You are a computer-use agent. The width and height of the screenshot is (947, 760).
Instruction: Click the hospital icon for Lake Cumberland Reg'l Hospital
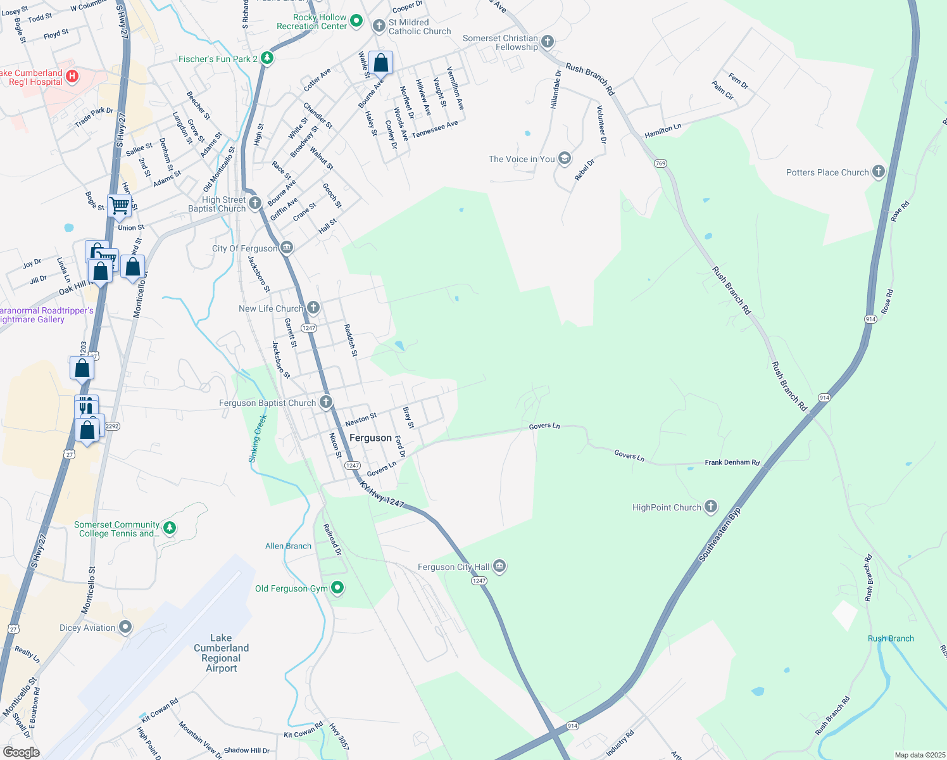click(72, 77)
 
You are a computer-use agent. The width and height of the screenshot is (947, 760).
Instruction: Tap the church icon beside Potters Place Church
click(878, 172)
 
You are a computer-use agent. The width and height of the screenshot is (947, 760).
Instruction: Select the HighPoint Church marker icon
click(711, 507)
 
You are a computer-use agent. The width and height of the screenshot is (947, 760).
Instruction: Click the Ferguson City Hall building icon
click(499, 566)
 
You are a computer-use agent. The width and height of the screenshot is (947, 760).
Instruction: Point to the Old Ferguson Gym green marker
click(337, 588)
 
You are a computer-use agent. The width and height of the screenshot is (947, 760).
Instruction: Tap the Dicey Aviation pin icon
click(125, 627)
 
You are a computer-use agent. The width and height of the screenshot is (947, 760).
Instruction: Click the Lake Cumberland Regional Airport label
click(221, 653)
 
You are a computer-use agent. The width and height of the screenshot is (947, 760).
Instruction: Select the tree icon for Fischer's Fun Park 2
click(267, 58)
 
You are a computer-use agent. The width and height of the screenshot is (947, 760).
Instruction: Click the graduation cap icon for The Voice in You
click(564, 159)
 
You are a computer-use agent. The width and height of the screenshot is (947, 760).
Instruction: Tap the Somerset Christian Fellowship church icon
click(548, 42)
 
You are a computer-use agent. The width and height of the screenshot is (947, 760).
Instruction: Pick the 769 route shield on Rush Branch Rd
click(661, 163)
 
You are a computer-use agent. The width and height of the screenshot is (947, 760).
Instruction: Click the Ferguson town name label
click(370, 438)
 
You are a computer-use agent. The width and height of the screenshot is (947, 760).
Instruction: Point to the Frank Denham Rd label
click(732, 462)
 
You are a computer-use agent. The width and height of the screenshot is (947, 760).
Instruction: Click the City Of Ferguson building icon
click(287, 247)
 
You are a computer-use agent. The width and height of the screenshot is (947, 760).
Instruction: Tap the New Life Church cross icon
click(313, 308)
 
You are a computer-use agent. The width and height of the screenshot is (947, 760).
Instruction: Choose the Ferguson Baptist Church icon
click(325, 402)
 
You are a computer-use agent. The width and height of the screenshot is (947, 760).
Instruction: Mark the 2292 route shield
click(112, 426)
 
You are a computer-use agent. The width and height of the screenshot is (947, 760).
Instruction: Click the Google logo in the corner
click(21, 752)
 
